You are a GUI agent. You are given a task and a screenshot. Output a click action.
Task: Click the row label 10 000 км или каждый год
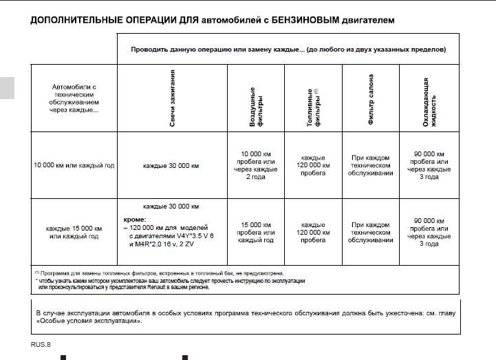74,166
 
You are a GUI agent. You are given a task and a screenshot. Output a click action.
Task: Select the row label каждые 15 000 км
74,228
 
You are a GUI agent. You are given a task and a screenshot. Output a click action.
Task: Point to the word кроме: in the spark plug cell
135,218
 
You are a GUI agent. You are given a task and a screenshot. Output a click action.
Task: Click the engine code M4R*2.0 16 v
153,243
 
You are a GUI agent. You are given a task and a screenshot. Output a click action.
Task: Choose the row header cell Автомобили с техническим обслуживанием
74,98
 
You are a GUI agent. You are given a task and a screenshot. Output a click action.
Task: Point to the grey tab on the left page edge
6,87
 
